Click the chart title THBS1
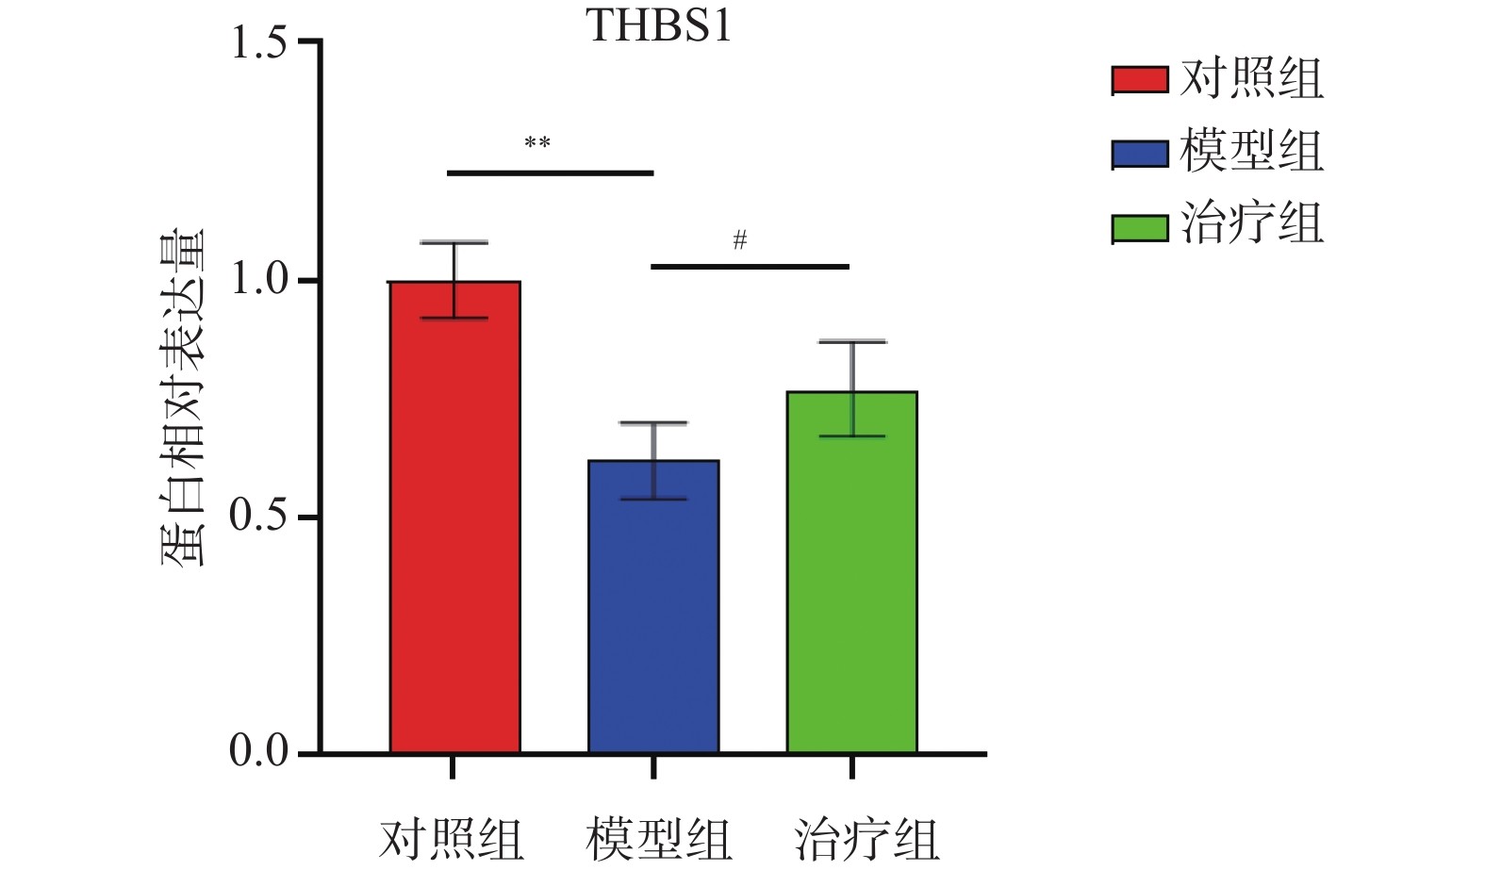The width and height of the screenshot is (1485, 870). click(x=659, y=25)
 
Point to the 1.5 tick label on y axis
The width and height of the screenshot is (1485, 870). click(x=258, y=42)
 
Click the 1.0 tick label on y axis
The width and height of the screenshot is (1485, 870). click(x=258, y=280)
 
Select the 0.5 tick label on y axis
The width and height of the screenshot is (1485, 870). click(x=258, y=517)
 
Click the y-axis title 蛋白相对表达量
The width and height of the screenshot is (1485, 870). click(x=182, y=396)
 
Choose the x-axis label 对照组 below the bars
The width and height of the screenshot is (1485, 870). click(x=452, y=839)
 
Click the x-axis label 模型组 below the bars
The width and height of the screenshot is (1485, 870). click(x=658, y=839)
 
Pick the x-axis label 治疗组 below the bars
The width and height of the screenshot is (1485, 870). click(x=866, y=839)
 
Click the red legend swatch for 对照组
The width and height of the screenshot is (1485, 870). click(x=1140, y=80)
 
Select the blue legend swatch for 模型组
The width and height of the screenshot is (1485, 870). click(x=1140, y=154)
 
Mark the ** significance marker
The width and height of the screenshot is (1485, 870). click(x=537, y=143)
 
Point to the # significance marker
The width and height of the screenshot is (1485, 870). click(x=740, y=240)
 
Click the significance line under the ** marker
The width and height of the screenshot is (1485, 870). click(x=550, y=173)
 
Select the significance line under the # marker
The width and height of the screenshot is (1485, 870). click(x=750, y=267)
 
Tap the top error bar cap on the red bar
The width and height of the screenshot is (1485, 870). click(x=454, y=243)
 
